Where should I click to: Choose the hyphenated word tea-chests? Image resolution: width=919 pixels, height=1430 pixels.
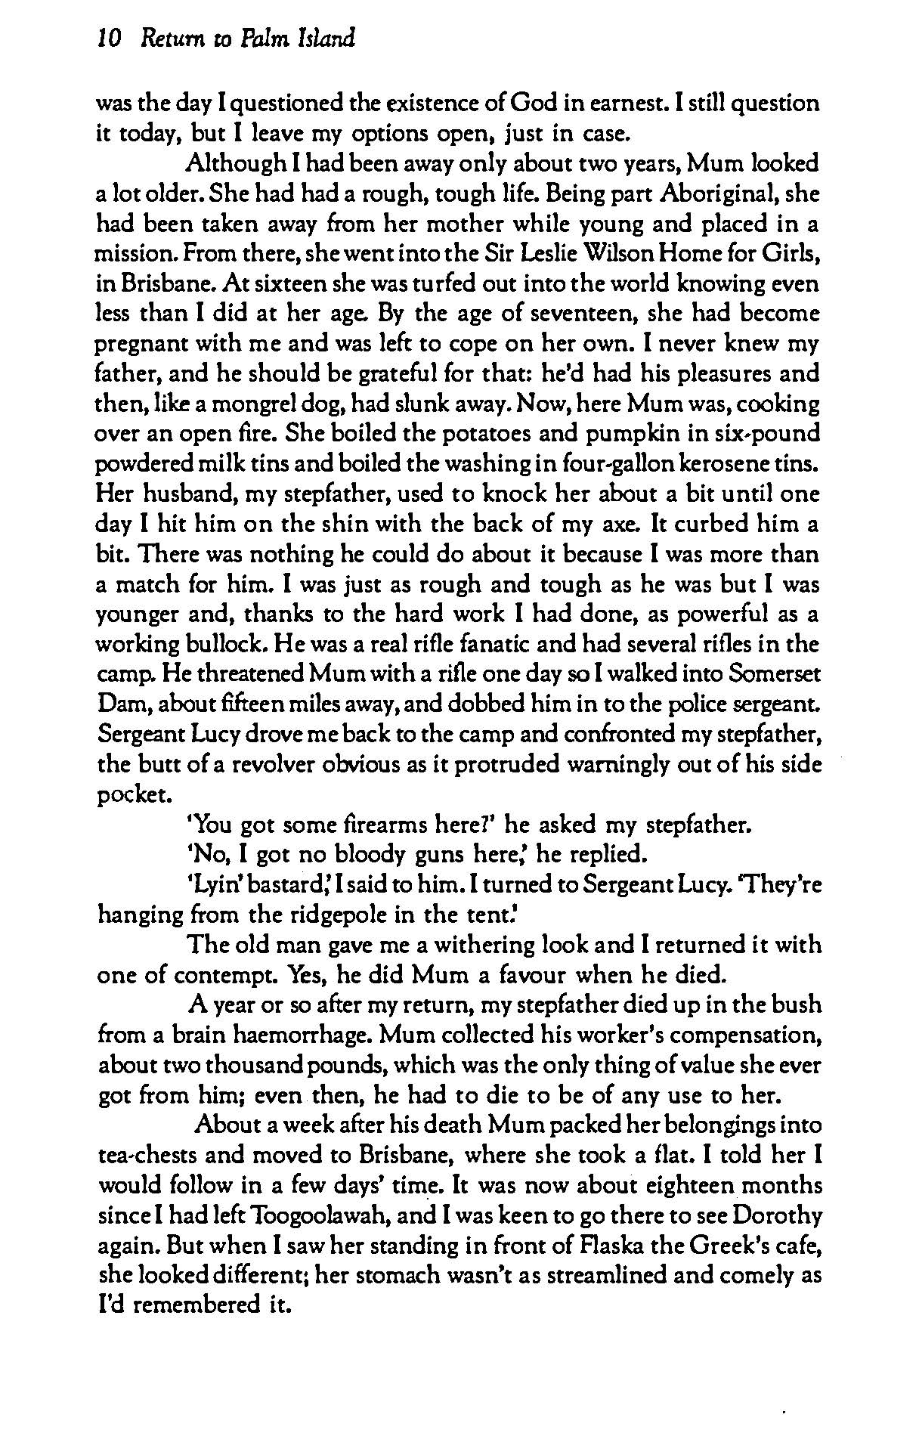[156, 1156]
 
